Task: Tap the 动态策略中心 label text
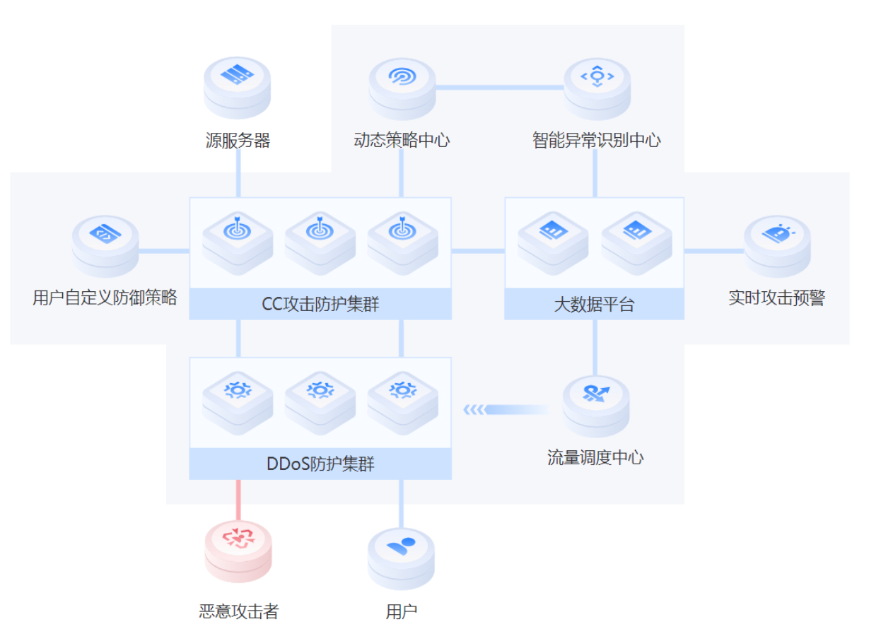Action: point(402,140)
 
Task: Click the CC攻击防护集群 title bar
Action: point(320,305)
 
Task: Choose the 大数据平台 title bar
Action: point(594,305)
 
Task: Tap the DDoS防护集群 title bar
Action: point(320,464)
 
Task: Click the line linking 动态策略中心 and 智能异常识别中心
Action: point(499,87)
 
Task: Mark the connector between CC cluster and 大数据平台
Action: point(478,251)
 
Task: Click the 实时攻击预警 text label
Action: point(776,298)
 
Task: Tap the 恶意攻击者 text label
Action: point(239,611)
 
